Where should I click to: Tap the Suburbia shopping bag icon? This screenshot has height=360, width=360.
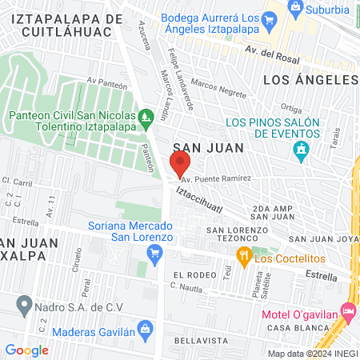coord(296,10)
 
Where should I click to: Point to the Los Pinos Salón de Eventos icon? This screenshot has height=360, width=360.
coord(301,149)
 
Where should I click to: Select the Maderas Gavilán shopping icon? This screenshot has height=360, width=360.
coord(145,329)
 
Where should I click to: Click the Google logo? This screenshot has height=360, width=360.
coord(26,350)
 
